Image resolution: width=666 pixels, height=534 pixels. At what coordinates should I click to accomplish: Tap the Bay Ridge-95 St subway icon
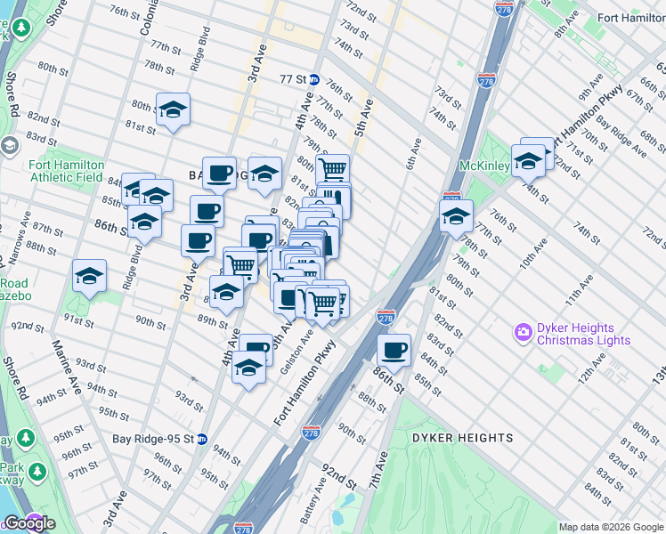(x=202, y=439)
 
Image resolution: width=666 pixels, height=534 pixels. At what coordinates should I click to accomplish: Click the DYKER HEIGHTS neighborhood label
(x=462, y=438)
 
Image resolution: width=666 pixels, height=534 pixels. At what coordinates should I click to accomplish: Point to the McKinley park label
(x=483, y=166)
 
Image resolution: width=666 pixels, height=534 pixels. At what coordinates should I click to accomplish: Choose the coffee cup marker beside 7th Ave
(x=394, y=349)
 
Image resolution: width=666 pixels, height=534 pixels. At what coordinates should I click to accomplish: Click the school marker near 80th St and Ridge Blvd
(x=173, y=109)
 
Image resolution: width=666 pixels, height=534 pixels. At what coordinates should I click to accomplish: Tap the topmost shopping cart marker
(x=332, y=169)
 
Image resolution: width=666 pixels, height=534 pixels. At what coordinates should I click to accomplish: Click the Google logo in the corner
(x=29, y=523)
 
